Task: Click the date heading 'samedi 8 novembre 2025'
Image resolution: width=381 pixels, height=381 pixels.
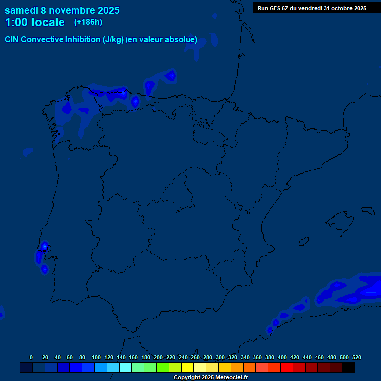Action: pyautogui.click(x=62, y=10)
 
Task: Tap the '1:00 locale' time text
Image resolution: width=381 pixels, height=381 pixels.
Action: pyautogui.click(x=35, y=22)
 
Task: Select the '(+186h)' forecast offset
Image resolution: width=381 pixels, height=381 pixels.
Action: pyautogui.click(x=88, y=22)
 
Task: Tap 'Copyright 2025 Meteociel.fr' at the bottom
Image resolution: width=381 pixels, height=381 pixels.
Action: pyautogui.click(x=210, y=378)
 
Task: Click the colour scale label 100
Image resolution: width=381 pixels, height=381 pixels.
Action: pyautogui.click(x=96, y=357)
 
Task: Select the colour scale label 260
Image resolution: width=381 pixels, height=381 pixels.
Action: pyautogui.click(x=195, y=357)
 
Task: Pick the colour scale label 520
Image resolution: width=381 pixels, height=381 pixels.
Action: pyautogui.click(x=356, y=357)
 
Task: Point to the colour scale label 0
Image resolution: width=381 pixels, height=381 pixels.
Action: pyautogui.click(x=31, y=357)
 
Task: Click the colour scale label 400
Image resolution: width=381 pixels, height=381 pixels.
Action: pyautogui.click(x=282, y=357)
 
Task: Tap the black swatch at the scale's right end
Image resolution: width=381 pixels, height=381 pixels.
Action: pyautogui.click(x=349, y=368)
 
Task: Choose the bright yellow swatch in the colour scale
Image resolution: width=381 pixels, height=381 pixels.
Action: pyautogui.click(x=188, y=368)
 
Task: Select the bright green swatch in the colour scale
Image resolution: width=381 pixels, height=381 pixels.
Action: pyautogui.click(x=163, y=368)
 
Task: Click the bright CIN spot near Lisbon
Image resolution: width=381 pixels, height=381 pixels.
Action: pyautogui.click(x=44, y=246)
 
